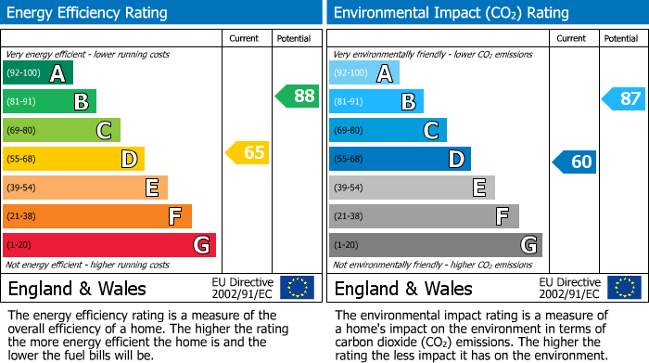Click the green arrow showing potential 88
pyautogui.click(x=297, y=96)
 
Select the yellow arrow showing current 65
pyautogui.click(x=248, y=152)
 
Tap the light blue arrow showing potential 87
pyautogui.click(x=623, y=98)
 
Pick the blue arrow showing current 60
pyautogui.click(x=574, y=162)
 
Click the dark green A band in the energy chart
pyautogui.click(x=37, y=73)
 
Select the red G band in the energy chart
pyautogui.click(x=109, y=245)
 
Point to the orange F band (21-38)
pyautogui.click(x=97, y=216)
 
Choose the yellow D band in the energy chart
pyautogui.click(x=73, y=159)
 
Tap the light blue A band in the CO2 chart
pyautogui.click(x=364, y=73)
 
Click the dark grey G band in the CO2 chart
pyautogui.click(x=436, y=245)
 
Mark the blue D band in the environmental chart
pyautogui.click(x=400, y=159)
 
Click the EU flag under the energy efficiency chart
pyautogui.click(x=297, y=288)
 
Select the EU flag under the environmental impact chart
pyautogui.click(x=624, y=288)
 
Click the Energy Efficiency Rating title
pyautogui.click(x=88, y=13)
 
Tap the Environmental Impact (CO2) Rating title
pyautogui.click(x=450, y=13)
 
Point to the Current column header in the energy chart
pyautogui.click(x=244, y=38)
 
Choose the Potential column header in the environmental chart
pyautogui.click(x=620, y=38)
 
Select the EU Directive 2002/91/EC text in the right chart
pyautogui.click(x=568, y=288)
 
